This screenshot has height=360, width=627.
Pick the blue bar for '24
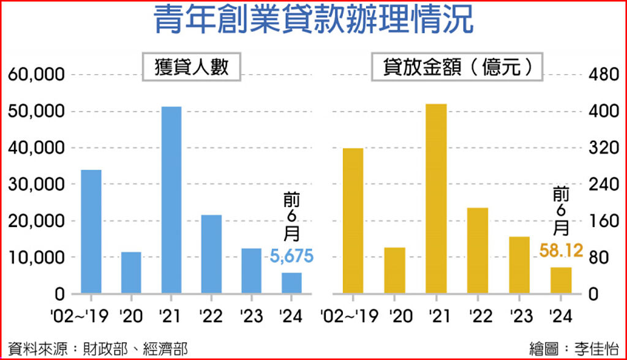coord(291,283)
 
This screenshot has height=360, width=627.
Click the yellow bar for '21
coord(436,198)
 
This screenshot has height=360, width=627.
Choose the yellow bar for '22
coord(478,250)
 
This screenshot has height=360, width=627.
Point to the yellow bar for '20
coord(394,270)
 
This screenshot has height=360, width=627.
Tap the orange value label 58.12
coord(561,250)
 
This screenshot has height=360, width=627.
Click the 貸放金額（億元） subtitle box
coord(458,67)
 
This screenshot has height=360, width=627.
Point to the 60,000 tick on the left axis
coord(37,75)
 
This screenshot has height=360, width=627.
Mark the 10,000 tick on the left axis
coord(37,258)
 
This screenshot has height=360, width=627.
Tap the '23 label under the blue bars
coord(250,316)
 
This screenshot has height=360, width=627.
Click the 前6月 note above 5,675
coord(291,218)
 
